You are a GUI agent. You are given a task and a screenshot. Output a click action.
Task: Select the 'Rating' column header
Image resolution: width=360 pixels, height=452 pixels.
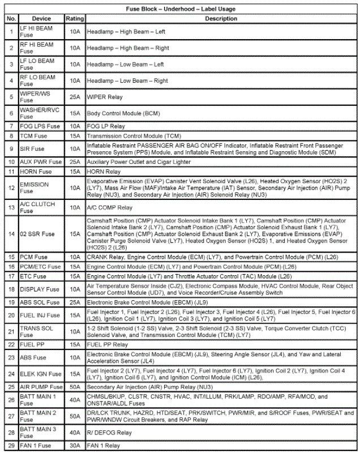click(x=75, y=19)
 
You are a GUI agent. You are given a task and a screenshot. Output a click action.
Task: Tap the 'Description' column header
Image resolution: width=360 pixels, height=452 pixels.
click(x=221, y=19)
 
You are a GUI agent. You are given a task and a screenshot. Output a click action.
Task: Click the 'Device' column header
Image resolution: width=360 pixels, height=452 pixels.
click(x=41, y=19)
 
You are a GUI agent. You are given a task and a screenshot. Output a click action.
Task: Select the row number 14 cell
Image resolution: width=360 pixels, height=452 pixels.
click(x=11, y=234)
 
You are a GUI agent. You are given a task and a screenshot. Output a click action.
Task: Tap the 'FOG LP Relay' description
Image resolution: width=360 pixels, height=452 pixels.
click(x=106, y=126)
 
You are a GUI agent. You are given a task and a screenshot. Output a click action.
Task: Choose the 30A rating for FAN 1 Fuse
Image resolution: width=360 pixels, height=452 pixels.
click(x=75, y=446)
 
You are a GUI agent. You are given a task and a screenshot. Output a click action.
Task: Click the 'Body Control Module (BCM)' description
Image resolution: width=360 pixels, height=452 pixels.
click(x=124, y=113)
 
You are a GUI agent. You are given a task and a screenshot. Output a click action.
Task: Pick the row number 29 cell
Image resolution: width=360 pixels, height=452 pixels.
click(x=11, y=446)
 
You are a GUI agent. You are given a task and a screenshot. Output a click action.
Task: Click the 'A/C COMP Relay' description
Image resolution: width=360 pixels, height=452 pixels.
click(x=110, y=208)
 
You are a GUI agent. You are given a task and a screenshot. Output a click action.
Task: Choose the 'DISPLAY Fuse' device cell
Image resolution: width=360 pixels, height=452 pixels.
click(x=40, y=289)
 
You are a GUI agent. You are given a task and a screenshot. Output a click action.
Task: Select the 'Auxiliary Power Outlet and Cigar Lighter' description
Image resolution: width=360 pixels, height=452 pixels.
click(x=139, y=162)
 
